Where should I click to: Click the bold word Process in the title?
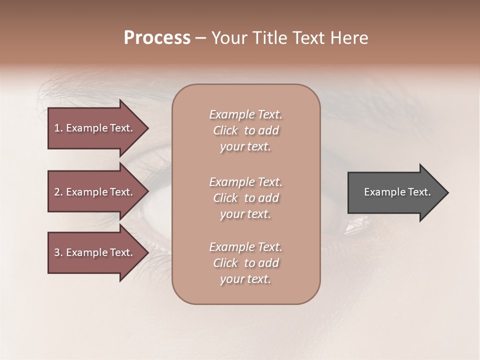[157, 38]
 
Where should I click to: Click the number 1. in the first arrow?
[58, 128]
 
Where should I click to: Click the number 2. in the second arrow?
[58, 192]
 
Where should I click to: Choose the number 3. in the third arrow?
[58, 252]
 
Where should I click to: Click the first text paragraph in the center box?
[246, 130]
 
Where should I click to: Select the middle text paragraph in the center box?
[246, 198]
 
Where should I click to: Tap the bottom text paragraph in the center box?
[246, 263]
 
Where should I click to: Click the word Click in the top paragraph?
[225, 130]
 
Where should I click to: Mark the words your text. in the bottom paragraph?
[245, 279]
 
